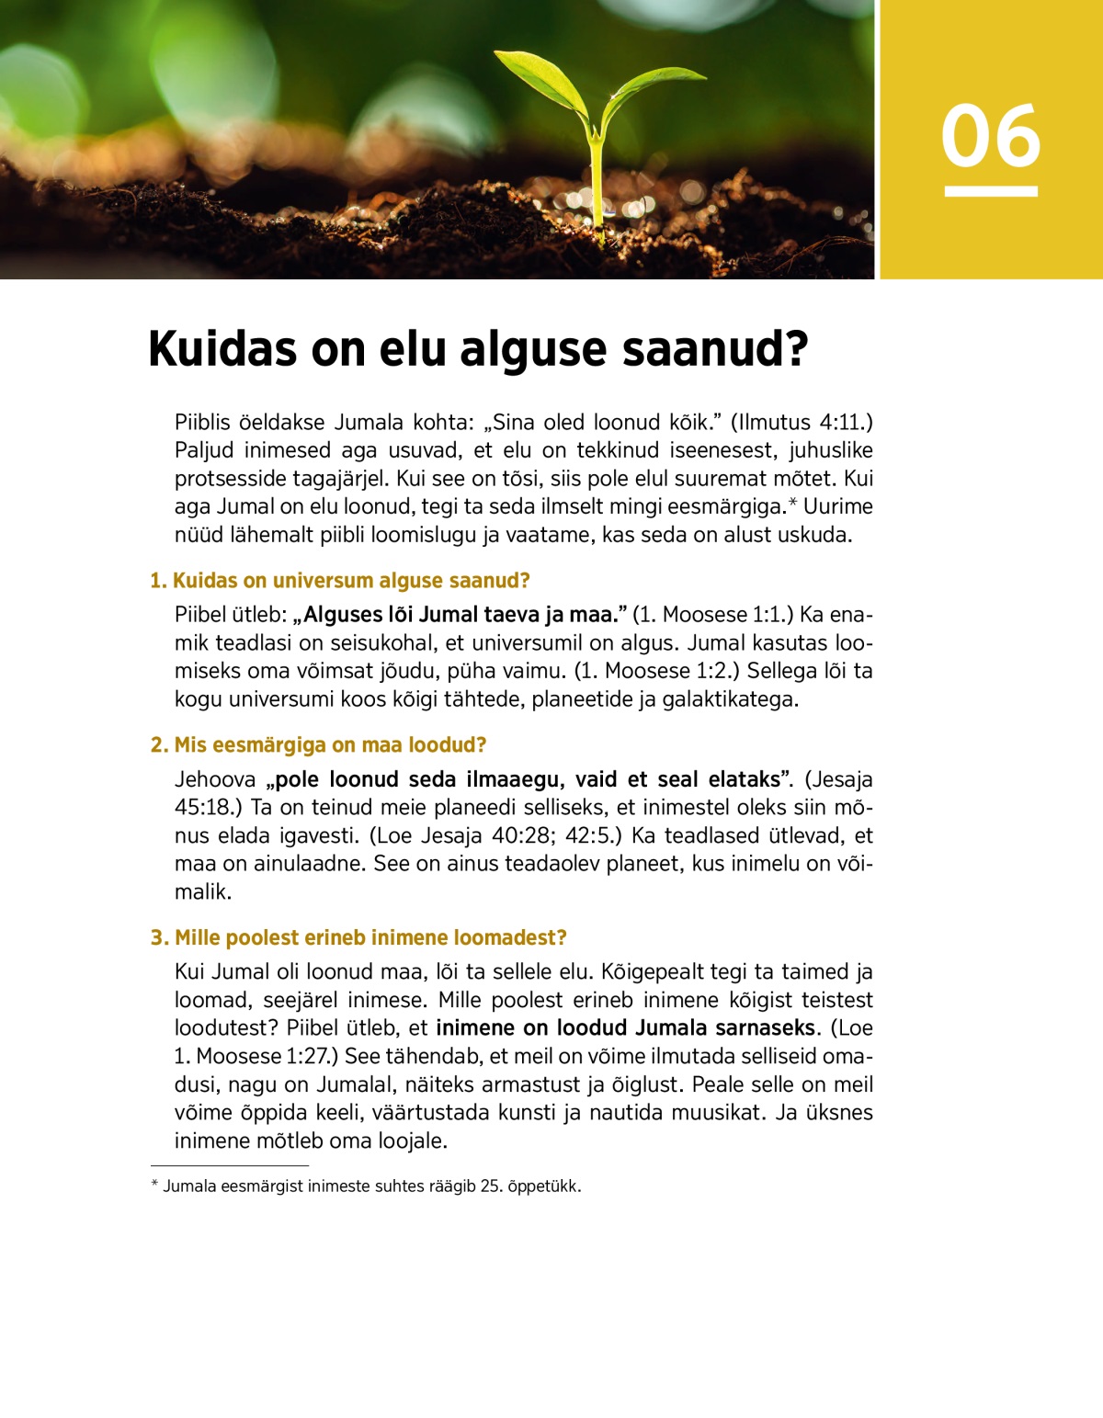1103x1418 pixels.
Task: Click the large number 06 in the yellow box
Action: (990, 136)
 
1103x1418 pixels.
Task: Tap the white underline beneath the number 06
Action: (990, 191)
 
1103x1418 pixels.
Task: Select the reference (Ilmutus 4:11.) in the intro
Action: (802, 423)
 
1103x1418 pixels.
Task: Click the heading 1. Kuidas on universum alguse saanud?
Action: (340, 581)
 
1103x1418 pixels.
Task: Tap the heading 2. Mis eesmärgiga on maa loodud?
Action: (318, 745)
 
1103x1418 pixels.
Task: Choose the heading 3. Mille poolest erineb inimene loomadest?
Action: (358, 938)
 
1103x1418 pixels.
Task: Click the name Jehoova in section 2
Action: (215, 780)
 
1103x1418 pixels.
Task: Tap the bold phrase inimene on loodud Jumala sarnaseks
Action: (625, 1028)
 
